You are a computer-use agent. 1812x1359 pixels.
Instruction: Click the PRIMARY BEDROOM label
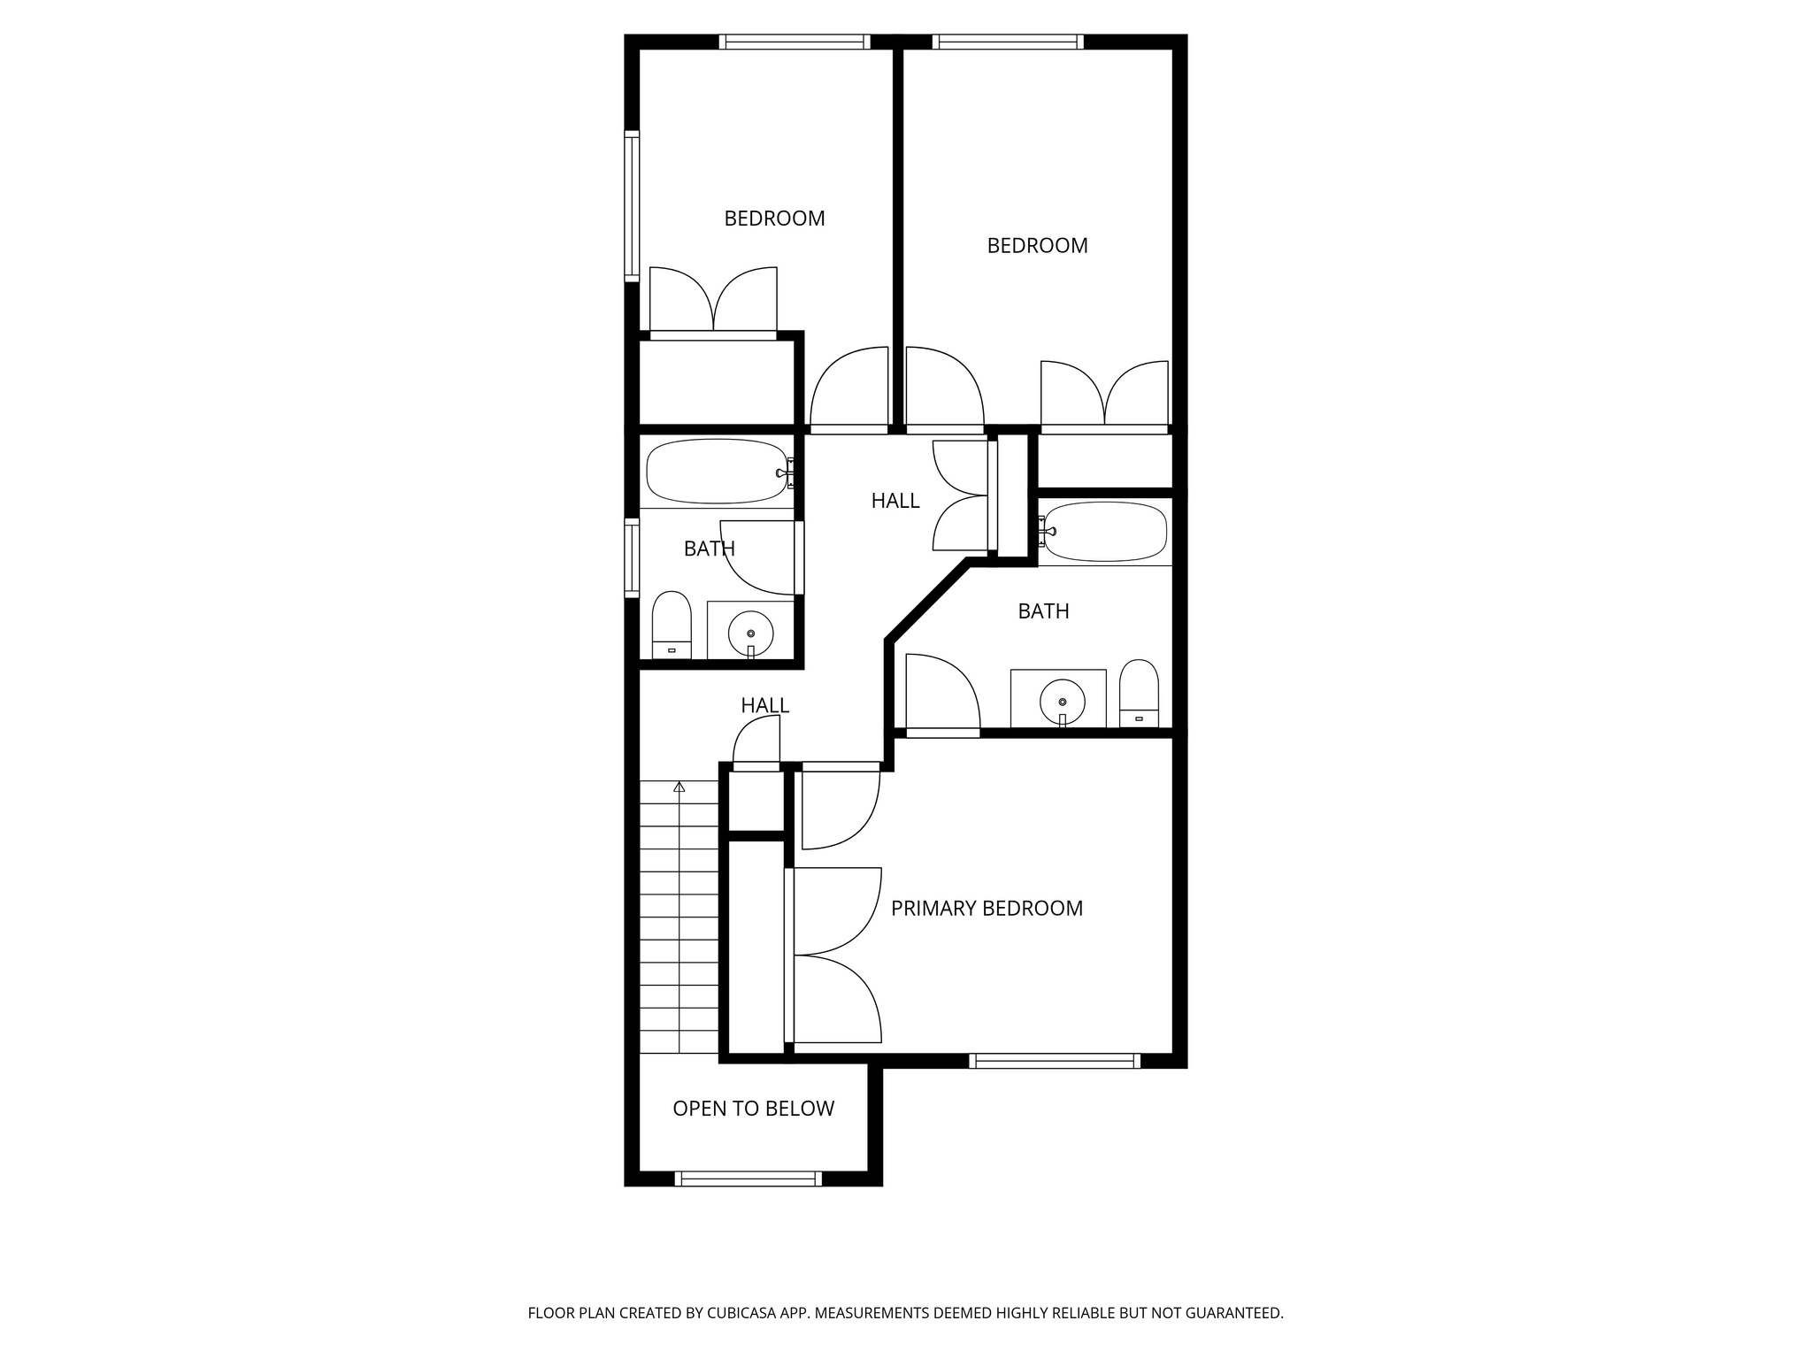[x=987, y=909]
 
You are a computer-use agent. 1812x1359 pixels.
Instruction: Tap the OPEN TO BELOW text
[x=753, y=1109]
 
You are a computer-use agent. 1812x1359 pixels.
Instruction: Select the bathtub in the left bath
[x=716, y=471]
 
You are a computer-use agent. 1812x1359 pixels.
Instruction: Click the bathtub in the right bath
[x=1105, y=532]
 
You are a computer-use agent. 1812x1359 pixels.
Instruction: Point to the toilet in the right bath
[x=1139, y=693]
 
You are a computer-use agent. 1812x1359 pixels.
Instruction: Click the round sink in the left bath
[x=750, y=633]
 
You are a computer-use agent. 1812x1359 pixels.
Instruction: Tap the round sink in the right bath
[x=1062, y=701]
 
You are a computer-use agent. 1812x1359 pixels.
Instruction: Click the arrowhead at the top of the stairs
[x=679, y=787]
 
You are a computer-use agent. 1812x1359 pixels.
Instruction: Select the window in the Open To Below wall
[x=749, y=1179]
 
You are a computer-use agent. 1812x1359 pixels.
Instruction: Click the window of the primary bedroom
[x=1055, y=1061]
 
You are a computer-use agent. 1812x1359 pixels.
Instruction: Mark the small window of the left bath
[x=632, y=557]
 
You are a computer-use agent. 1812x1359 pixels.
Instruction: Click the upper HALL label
[x=895, y=501]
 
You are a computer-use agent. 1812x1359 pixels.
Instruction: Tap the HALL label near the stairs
[x=764, y=705]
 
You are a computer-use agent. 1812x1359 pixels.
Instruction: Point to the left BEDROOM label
[x=774, y=219]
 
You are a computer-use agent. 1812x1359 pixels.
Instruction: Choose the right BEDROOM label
[x=1037, y=246]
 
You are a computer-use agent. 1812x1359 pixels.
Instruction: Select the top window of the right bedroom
[x=1008, y=42]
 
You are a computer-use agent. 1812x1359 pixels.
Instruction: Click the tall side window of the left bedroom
[x=632, y=206]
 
